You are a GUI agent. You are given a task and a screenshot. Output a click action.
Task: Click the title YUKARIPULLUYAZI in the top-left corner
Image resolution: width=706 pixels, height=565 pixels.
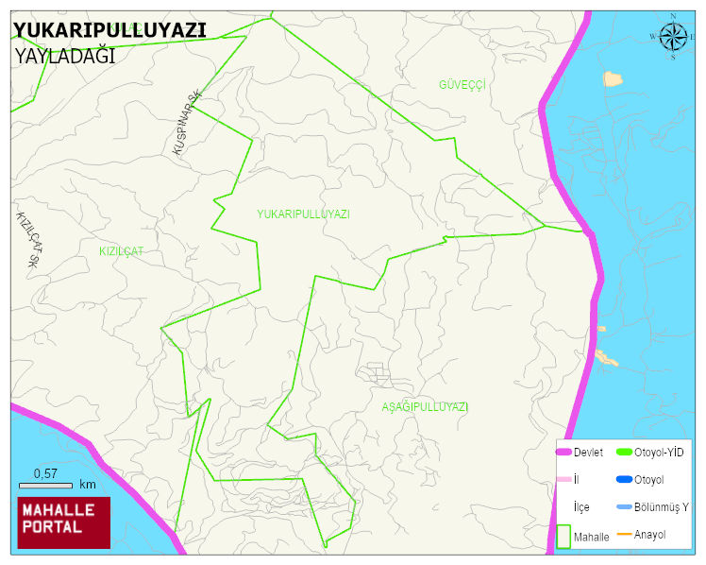(109, 29)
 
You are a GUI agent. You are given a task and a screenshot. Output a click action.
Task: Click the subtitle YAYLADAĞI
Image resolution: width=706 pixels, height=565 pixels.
(64, 56)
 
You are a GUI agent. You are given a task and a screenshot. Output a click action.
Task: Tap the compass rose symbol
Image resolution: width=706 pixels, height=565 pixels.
(673, 37)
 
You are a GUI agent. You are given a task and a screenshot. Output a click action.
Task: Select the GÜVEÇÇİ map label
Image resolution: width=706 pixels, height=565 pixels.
(462, 85)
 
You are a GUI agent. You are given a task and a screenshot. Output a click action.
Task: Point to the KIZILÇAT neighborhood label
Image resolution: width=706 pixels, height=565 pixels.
(121, 251)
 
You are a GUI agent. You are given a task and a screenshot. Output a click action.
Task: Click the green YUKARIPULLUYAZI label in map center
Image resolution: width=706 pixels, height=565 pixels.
(303, 214)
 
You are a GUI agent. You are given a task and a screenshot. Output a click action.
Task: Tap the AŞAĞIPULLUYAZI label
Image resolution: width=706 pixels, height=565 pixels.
(425, 406)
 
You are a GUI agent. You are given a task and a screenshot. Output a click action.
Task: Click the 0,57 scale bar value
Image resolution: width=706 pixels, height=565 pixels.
(46, 472)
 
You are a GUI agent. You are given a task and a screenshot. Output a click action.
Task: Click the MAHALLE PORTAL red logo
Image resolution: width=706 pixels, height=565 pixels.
(64, 522)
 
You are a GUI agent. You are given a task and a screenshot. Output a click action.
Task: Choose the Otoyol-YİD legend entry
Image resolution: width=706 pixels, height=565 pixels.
(658, 453)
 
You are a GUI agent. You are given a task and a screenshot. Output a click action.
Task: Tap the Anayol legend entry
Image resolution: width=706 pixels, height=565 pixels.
(649, 535)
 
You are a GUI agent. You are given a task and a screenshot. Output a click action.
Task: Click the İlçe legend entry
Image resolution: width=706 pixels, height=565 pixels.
(581, 507)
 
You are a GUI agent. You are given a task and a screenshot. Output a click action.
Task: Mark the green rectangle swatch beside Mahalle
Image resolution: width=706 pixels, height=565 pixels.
(563, 536)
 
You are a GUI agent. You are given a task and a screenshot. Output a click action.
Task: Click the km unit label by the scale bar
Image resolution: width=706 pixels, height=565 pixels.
(88, 485)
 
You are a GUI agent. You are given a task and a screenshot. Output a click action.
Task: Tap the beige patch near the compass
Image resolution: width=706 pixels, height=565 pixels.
(613, 78)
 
